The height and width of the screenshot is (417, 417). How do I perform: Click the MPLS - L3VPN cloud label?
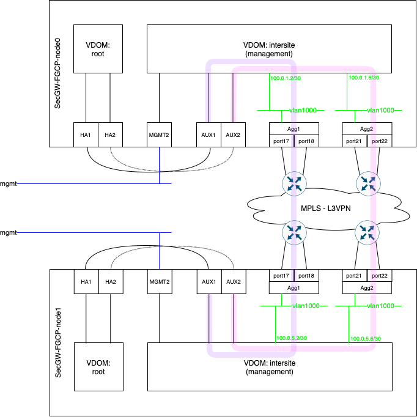point(330,208)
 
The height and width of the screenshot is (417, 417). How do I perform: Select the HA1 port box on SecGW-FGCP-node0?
point(85,135)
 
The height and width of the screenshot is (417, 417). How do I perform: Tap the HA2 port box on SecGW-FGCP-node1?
point(110,281)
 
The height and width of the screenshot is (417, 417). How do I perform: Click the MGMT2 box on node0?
point(159,135)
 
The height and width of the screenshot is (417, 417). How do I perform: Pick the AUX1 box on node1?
point(208,281)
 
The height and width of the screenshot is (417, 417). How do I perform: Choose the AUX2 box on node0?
point(232,135)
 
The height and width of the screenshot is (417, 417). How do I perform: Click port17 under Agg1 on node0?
point(281,141)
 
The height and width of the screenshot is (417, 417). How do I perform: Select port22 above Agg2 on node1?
point(379,276)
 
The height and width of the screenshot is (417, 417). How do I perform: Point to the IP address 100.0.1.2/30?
point(286,78)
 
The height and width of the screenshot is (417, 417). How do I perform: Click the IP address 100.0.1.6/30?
point(364,78)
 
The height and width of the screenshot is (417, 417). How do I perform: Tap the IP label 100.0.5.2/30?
point(292,338)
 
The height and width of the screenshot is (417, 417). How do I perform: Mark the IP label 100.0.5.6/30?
point(366,339)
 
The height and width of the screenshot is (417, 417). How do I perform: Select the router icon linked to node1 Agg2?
point(367,232)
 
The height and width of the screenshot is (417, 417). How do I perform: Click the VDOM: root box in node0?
point(98,49)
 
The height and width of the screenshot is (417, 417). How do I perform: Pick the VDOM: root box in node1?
point(98,367)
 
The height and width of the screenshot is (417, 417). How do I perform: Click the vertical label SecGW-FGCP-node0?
point(58,73)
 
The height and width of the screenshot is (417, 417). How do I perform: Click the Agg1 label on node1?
point(293,287)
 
